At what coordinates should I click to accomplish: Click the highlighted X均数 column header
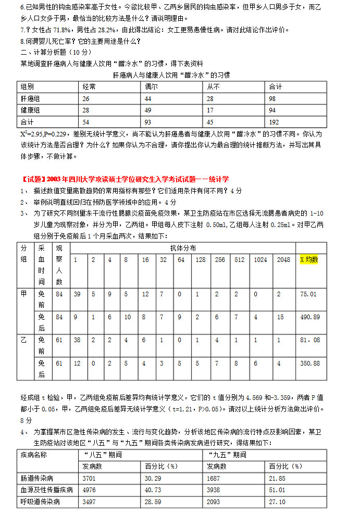click(x=309, y=259)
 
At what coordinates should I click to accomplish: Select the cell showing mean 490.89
click(x=310, y=317)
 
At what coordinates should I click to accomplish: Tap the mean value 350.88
click(x=310, y=363)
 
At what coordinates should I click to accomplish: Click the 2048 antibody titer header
click(x=284, y=259)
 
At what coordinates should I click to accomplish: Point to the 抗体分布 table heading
click(x=183, y=248)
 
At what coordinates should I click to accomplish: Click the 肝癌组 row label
click(x=30, y=98)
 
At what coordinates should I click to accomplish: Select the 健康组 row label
click(x=30, y=110)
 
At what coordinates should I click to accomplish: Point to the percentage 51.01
click(x=278, y=490)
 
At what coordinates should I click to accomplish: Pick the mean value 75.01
click(x=308, y=294)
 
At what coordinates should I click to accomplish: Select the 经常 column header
click(x=89, y=86)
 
